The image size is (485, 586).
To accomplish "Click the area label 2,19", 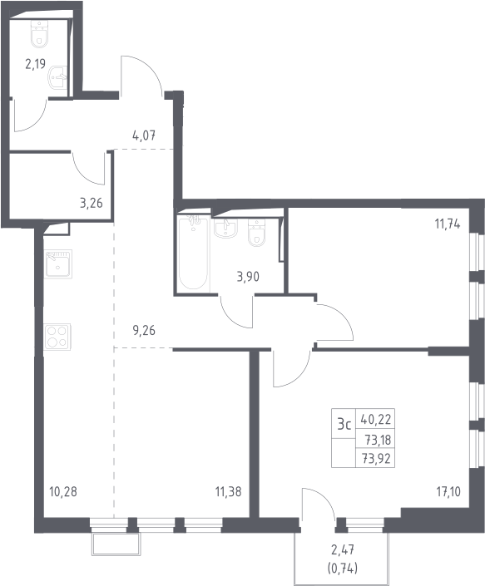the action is [36, 64].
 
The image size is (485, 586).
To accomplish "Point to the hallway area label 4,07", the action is [144, 135].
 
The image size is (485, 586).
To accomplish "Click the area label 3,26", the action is [91, 203].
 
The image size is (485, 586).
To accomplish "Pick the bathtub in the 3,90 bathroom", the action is [193, 254].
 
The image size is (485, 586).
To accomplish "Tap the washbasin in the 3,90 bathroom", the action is [225, 227].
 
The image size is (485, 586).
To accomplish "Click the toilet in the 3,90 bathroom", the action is [256, 233].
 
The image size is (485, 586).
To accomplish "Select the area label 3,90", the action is [248, 277].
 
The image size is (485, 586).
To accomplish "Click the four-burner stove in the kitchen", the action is [57, 337].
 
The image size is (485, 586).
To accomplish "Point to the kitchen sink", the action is [58, 263].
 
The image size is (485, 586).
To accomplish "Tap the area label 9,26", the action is [144, 330].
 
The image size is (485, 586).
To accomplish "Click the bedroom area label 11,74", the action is [448, 224].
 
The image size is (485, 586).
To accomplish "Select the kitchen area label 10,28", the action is [63, 491].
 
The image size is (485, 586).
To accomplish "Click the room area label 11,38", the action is [228, 491].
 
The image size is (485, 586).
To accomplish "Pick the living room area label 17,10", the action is [448, 491].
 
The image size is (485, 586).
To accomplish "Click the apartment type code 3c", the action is [344, 425].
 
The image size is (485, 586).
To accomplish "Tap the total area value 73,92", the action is [376, 458].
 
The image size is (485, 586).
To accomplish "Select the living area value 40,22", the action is [376, 420].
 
